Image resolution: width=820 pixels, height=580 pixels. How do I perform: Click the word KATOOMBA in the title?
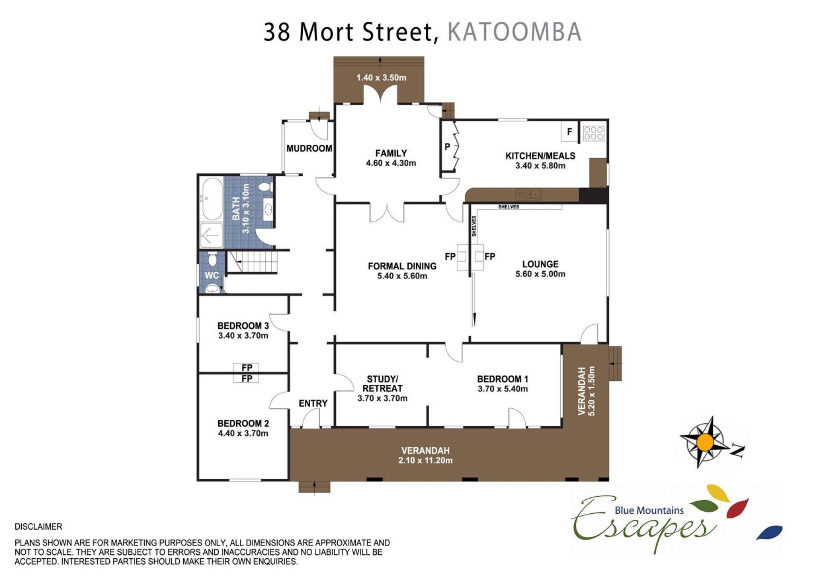514,32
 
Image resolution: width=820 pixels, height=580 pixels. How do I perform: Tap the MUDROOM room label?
309,149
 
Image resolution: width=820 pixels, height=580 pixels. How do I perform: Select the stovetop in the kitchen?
593,133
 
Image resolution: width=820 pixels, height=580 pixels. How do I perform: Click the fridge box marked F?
569,132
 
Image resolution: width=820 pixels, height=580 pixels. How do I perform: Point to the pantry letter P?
447,146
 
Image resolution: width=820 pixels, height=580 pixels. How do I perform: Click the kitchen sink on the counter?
528,194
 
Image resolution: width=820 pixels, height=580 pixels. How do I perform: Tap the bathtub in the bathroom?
212,199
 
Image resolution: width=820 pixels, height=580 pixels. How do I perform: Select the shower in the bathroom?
211,235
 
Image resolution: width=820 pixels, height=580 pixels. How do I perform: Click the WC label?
212,275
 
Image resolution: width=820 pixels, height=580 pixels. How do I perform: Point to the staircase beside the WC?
252,261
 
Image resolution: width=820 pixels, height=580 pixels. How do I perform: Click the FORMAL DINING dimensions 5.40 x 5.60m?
402,276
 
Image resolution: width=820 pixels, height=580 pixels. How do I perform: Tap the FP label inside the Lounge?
490,257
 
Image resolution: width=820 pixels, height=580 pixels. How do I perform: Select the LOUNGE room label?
540,264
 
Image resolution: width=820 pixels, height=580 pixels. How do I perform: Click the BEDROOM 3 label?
243,326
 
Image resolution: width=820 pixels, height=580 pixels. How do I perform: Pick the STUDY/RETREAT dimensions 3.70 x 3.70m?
382,398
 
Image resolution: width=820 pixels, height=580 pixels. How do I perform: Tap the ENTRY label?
313,404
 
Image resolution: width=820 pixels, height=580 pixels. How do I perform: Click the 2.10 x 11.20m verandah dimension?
425,460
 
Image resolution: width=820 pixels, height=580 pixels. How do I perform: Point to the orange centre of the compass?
705,442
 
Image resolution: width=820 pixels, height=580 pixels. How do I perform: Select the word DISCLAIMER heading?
38,527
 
